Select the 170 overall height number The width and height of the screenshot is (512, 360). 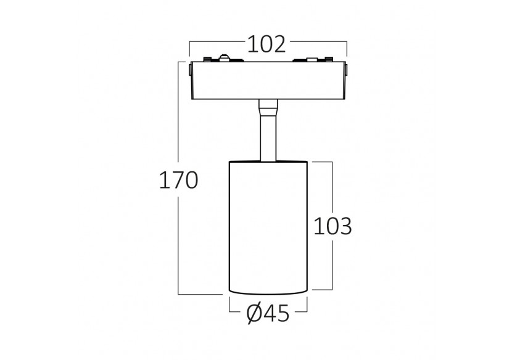pyautogui.click(x=178, y=180)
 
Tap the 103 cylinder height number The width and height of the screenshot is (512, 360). pyautogui.click(x=332, y=226)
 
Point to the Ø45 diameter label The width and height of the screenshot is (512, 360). pyautogui.click(x=268, y=313)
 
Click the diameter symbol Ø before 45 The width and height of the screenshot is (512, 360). pyautogui.click(x=255, y=313)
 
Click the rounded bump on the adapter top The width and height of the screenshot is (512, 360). pyautogui.click(x=224, y=58)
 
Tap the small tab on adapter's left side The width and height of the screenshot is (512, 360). pyautogui.click(x=189, y=70)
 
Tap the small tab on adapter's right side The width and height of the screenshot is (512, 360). pyautogui.click(x=347, y=70)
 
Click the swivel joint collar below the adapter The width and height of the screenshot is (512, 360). pyautogui.click(x=268, y=107)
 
